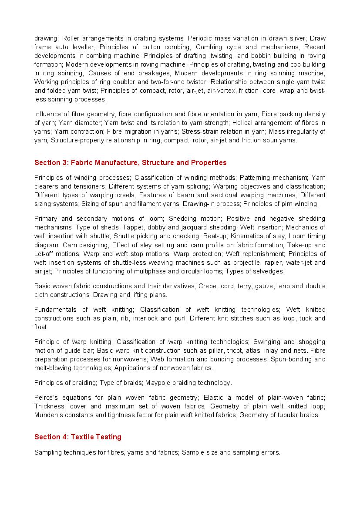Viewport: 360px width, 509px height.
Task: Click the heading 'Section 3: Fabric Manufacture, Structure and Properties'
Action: pyautogui.click(x=130, y=163)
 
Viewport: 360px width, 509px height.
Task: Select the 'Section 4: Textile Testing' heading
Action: pyautogui.click(x=77, y=437)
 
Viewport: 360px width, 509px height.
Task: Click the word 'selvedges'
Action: pyautogui.click(x=269, y=271)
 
